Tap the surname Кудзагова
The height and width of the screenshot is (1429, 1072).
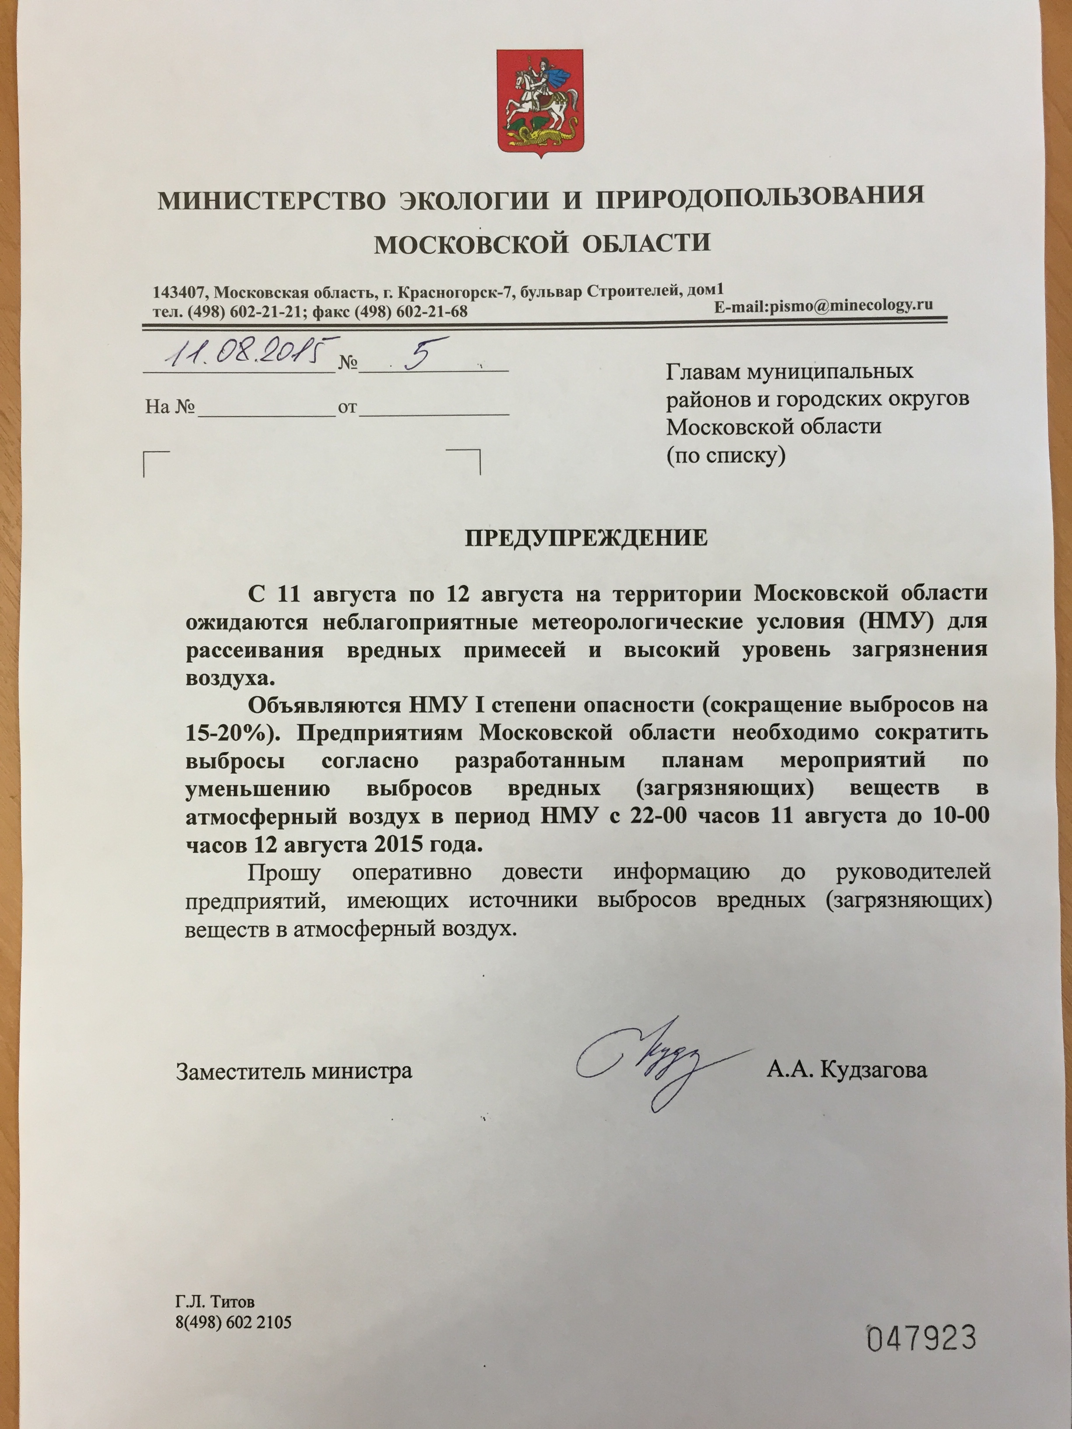tap(874, 1070)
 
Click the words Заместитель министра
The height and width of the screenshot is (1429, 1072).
tap(294, 1071)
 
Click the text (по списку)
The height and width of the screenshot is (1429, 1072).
tap(726, 456)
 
